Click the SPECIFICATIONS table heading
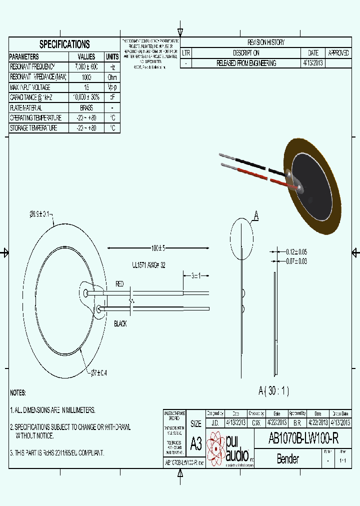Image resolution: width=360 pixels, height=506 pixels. [x=64, y=44]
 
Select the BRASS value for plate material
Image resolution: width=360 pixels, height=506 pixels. [x=85, y=107]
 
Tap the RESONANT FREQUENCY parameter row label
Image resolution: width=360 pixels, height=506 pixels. [x=32, y=66]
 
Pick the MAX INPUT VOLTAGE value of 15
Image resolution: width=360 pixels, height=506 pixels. [x=86, y=87]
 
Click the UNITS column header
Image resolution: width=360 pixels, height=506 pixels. [x=112, y=56]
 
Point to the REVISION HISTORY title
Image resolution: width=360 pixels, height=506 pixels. [x=266, y=42]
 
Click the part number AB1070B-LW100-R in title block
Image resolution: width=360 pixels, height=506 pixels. [x=303, y=438]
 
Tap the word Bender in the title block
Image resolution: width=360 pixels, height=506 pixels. [x=287, y=458]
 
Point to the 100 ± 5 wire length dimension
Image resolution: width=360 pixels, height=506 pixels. [x=158, y=248]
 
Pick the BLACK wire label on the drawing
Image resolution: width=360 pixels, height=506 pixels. [x=120, y=323]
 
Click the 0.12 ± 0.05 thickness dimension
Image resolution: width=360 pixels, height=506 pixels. [x=296, y=252]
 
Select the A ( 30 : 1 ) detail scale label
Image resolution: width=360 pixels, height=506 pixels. [x=273, y=390]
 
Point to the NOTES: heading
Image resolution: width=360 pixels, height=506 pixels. [x=18, y=393]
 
